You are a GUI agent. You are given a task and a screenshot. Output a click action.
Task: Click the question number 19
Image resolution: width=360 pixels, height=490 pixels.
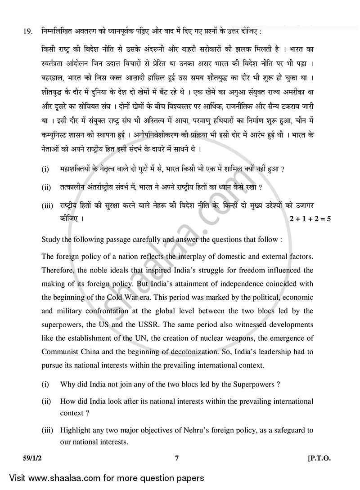[18, 31]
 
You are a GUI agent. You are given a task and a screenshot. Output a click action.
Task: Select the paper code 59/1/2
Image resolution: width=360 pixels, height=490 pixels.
[22, 459]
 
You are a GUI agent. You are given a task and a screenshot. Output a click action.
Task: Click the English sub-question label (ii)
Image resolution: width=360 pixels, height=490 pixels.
[46, 401]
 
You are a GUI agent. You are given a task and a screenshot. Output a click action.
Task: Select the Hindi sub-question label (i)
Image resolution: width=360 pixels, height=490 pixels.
[45, 169]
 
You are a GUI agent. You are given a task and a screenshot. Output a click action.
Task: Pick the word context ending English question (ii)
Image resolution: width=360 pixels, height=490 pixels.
[72, 412]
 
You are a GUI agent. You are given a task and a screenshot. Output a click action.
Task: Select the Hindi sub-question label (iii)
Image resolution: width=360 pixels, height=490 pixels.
[47, 205]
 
